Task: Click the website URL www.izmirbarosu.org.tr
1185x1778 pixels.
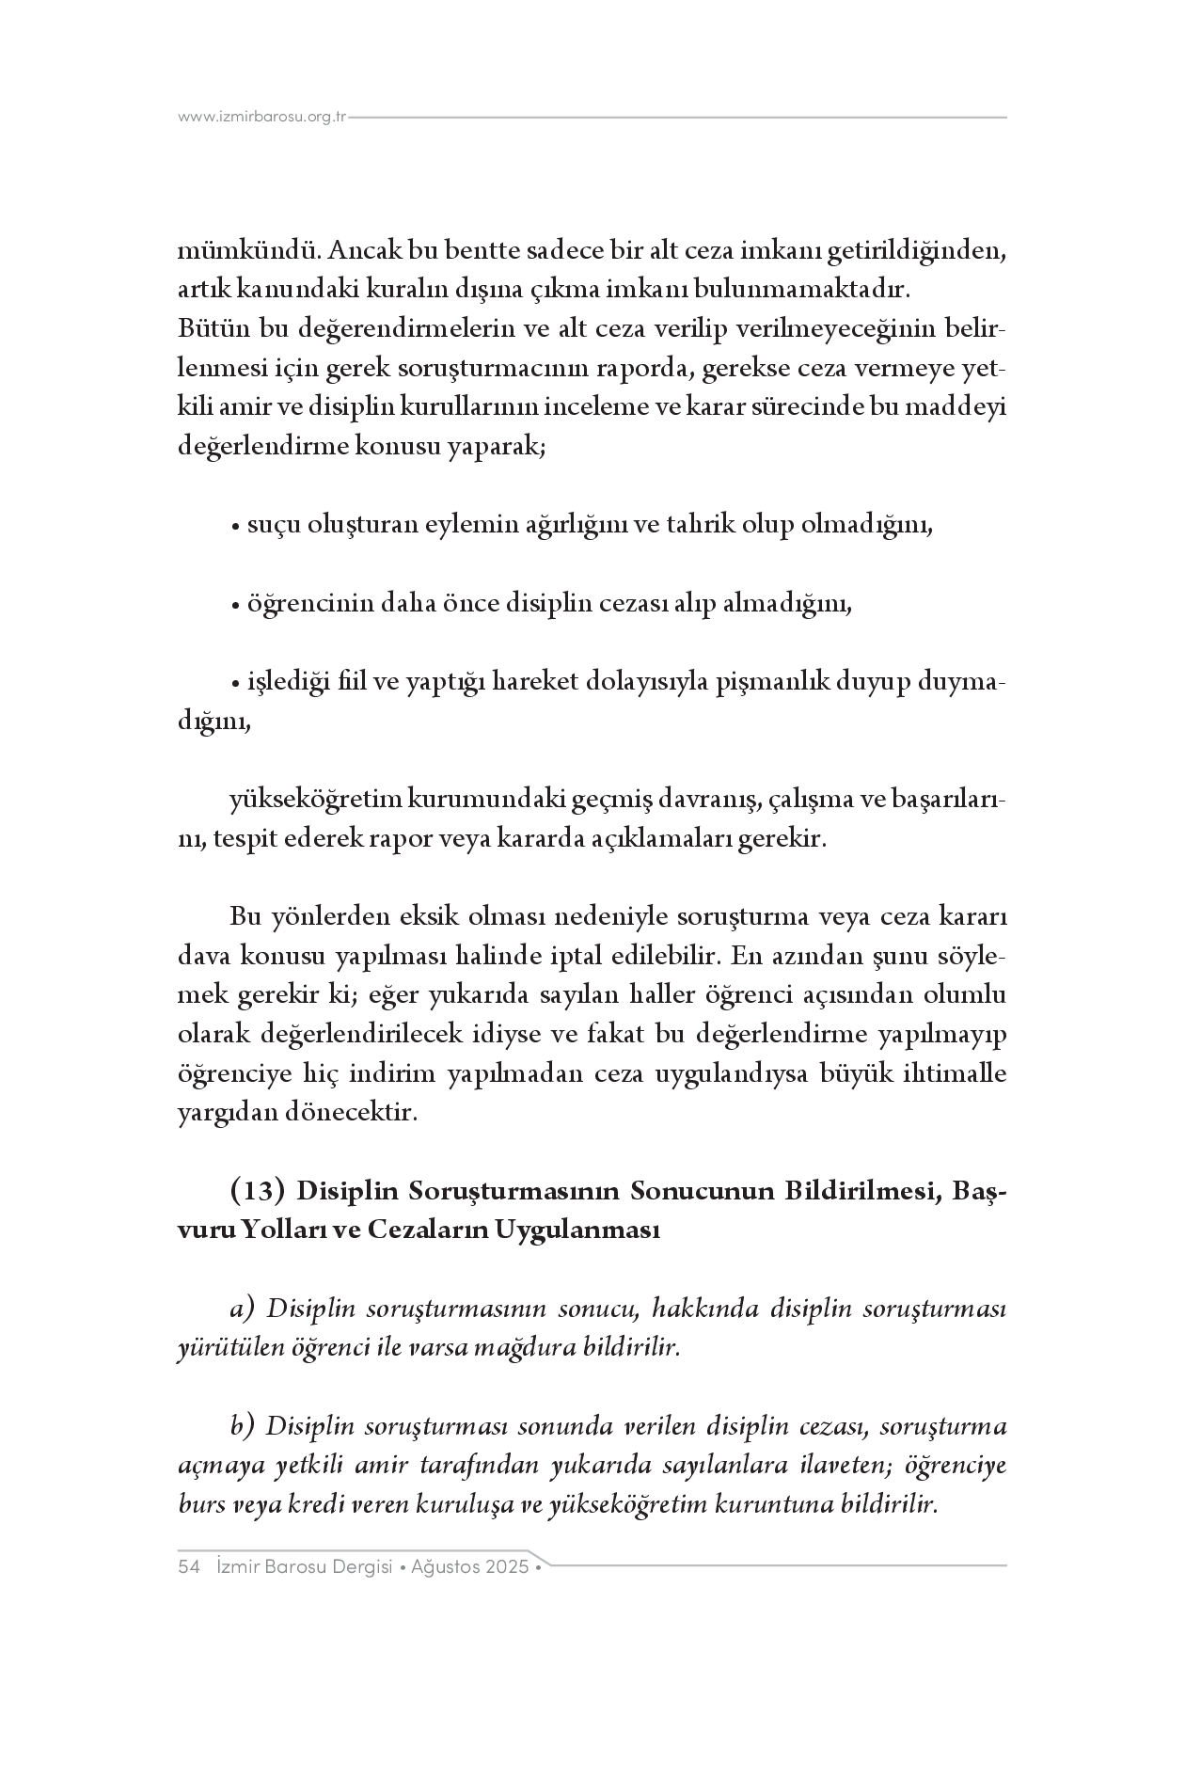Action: [262, 118]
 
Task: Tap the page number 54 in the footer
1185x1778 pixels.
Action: [188, 1567]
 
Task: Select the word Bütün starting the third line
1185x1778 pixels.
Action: [206, 329]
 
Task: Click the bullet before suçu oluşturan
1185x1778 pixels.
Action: [235, 526]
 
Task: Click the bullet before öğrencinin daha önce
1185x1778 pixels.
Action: [235, 605]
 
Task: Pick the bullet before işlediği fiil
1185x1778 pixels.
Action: [235, 683]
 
